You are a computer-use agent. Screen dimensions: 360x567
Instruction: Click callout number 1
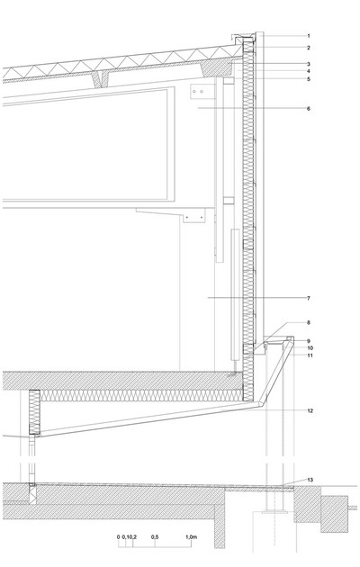pyautogui.click(x=309, y=36)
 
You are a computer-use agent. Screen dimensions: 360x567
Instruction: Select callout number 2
pyautogui.click(x=309, y=48)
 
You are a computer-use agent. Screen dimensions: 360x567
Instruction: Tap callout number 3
pyautogui.click(x=309, y=64)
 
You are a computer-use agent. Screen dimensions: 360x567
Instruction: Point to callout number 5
pyautogui.click(x=309, y=79)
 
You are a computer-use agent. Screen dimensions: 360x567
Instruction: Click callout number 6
pyautogui.click(x=309, y=108)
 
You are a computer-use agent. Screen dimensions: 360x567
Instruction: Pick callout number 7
pyautogui.click(x=309, y=298)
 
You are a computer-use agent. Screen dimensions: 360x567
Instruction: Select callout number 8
pyautogui.click(x=309, y=322)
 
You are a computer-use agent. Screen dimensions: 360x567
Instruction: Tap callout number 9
pyautogui.click(x=309, y=341)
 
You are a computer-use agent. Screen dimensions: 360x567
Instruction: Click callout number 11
pyautogui.click(x=310, y=355)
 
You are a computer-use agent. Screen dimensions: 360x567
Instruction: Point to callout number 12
pyautogui.click(x=310, y=410)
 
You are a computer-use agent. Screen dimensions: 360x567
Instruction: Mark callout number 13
pyautogui.click(x=310, y=480)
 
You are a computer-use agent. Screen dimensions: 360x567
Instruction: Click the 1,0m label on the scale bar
pyautogui.click(x=191, y=537)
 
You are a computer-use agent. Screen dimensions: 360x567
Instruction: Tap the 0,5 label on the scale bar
pyautogui.click(x=155, y=537)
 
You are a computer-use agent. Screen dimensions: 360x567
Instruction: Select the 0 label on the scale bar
pyautogui.click(x=118, y=537)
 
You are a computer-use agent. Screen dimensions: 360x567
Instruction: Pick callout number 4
pyautogui.click(x=309, y=71)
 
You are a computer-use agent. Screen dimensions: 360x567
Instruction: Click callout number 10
pyautogui.click(x=310, y=348)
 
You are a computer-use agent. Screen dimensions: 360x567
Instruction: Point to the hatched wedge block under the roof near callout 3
pyautogui.click(x=218, y=68)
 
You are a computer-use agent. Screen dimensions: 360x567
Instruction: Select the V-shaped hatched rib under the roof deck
pyautogui.click(x=103, y=79)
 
